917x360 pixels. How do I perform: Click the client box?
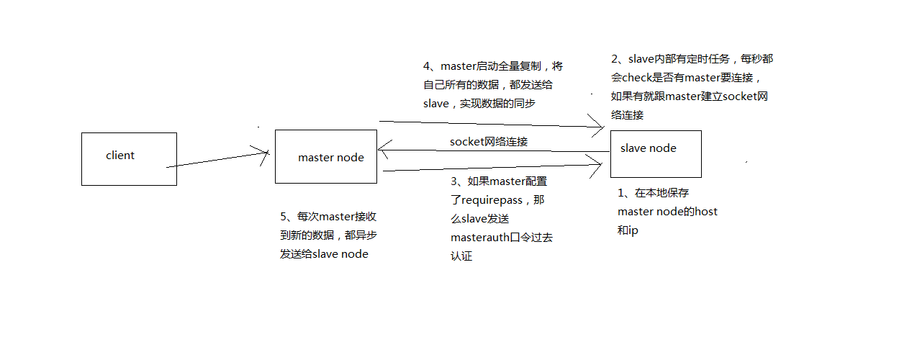129,159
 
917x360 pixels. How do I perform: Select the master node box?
326,157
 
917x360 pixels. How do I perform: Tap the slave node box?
655,153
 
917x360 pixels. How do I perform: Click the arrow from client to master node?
216,159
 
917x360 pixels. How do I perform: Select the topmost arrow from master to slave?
489,125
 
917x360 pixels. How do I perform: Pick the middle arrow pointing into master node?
489,150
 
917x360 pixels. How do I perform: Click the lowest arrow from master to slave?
489,168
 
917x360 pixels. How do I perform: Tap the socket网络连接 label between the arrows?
489,142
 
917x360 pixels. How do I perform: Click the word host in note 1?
705,212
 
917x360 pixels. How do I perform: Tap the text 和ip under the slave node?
628,230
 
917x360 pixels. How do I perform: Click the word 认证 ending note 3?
461,256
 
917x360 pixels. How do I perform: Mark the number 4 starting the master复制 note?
427,66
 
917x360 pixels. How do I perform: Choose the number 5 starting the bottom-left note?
284,216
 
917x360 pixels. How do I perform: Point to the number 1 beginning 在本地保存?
621,193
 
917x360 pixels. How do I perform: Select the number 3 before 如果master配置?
454,181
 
